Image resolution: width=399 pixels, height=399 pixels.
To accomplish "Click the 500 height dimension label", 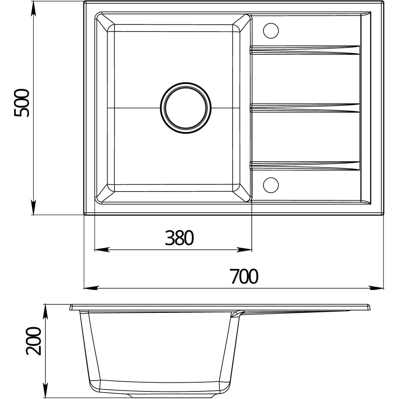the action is (22, 103).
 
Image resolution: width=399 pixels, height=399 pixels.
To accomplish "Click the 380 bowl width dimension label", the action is (180, 238).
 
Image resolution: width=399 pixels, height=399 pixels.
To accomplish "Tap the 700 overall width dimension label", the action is (244, 277).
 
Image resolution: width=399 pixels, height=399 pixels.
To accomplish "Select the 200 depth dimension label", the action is (34, 341).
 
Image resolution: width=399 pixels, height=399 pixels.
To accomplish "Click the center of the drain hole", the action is (186, 108).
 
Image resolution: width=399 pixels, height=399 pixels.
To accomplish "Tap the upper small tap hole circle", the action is (271, 31).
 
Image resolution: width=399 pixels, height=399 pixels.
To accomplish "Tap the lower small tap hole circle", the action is (271, 185).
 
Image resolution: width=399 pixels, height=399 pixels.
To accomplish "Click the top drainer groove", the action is (305, 50).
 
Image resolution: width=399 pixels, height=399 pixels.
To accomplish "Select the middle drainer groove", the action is (305, 108).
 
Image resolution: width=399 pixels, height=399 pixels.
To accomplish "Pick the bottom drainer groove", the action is (305, 166).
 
